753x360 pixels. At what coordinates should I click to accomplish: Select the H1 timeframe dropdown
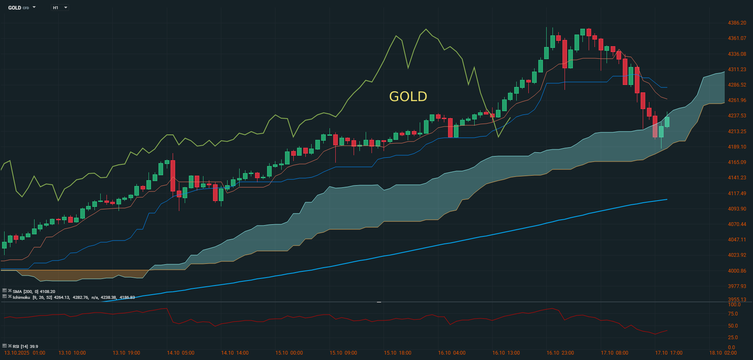tap(59, 7)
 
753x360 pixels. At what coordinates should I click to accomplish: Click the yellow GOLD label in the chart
tap(408, 97)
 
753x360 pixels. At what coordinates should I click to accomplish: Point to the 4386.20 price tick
tap(737, 23)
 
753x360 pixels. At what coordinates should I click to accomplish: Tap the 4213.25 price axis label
tap(737, 132)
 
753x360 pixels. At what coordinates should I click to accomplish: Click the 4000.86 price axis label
tap(737, 271)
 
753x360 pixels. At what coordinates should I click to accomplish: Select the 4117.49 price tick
tap(737, 194)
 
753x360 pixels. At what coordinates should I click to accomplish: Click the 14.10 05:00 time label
tap(181, 353)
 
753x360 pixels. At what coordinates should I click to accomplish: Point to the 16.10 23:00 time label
tap(560, 353)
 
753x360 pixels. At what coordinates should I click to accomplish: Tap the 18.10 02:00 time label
tap(723, 353)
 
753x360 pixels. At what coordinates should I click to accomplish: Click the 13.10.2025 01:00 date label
tap(25, 353)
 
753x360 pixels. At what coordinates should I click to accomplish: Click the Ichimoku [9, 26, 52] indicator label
tap(32, 298)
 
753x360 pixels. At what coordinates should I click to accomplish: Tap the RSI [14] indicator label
tap(25, 346)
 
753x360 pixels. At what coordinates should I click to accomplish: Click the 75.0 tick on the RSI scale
tap(733, 314)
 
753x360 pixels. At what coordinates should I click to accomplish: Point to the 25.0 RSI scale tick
tap(733, 338)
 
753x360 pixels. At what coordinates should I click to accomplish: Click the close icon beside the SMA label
tap(10, 291)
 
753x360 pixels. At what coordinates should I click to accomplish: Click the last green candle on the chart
tap(667, 122)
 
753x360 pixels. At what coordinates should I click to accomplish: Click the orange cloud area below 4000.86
tap(83, 275)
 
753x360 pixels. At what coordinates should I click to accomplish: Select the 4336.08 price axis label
tap(737, 54)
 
